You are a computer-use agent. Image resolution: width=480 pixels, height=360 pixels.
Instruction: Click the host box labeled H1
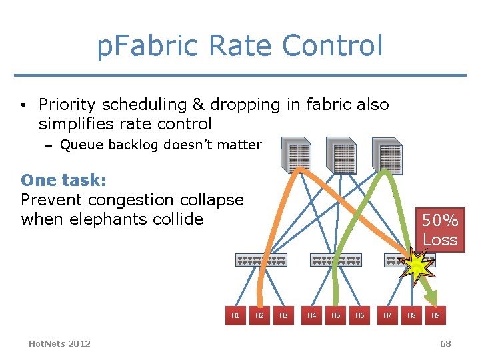tap(235, 315)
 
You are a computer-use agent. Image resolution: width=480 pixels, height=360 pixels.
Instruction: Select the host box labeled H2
tap(259, 315)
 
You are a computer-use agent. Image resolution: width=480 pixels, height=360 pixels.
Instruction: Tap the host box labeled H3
tap(283, 315)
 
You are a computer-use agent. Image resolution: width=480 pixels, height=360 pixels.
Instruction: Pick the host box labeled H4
tap(311, 315)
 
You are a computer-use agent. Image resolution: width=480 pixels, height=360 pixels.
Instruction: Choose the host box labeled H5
tap(335, 315)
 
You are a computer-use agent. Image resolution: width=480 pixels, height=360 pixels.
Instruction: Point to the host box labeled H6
tap(359, 315)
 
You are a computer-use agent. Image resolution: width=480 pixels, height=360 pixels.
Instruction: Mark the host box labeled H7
tap(387, 315)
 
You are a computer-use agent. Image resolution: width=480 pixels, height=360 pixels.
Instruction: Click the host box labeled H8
tap(411, 315)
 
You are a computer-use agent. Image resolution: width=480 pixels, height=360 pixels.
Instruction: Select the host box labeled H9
tap(435, 315)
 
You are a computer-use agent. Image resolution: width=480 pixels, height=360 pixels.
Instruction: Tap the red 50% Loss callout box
tap(440, 230)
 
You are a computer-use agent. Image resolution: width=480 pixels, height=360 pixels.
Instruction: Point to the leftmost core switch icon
tap(295, 155)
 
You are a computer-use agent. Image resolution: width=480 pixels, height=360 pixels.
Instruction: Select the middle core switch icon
tap(341, 155)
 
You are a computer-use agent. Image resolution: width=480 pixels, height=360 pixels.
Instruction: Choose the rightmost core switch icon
tap(387, 155)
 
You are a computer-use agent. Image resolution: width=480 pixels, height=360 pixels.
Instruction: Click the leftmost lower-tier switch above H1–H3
tap(261, 260)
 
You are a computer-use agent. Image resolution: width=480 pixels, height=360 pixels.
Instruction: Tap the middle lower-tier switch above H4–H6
tap(335, 260)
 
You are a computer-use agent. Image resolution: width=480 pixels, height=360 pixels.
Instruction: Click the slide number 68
tap(445, 344)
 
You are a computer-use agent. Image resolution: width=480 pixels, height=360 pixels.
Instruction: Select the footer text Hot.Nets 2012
tap(60, 343)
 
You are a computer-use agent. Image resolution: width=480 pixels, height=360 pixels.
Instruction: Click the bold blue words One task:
tap(64, 180)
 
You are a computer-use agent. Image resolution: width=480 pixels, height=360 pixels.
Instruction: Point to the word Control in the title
tap(333, 46)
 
